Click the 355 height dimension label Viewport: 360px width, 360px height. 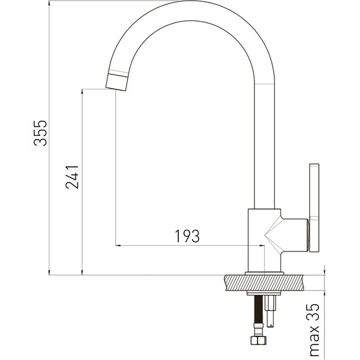[x=40, y=133]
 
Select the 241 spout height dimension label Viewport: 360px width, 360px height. [x=72, y=177]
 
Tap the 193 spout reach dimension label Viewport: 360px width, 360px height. [x=187, y=236]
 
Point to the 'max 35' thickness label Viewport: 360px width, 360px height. [x=314, y=330]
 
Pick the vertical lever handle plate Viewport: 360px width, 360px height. [x=314, y=208]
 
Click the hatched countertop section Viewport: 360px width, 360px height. [x=264, y=282]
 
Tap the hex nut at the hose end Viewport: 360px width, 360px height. [x=259, y=340]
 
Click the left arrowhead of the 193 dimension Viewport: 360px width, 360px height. [x=118, y=246]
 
